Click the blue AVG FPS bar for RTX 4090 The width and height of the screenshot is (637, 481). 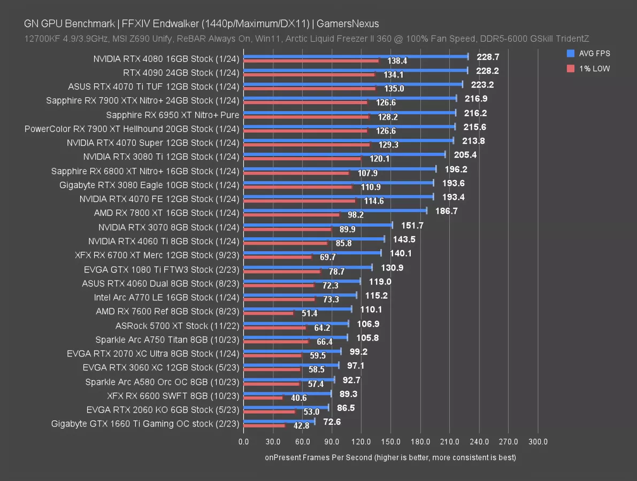356,70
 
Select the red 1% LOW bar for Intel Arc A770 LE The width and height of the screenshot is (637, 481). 279,299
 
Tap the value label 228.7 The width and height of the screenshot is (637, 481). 481,56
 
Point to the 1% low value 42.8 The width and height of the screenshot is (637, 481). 292,426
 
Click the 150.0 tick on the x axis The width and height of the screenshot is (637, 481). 391,442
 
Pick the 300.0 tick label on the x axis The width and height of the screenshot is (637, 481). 538,442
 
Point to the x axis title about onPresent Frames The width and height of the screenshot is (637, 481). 390,457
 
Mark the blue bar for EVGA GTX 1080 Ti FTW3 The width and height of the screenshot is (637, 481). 308,267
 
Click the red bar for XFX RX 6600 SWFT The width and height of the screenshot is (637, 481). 263,398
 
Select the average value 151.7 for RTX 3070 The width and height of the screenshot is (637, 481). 412,226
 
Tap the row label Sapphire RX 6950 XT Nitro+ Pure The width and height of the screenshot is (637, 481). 172,114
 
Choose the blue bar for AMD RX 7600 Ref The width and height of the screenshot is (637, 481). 297,309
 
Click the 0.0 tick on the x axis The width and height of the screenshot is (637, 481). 243,442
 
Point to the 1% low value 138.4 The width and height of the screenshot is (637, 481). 397,61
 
